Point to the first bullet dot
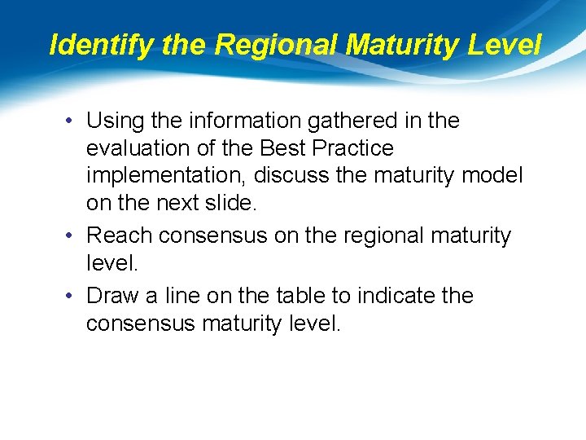click(72, 121)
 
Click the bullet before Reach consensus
click(72, 236)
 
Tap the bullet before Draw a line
click(72, 296)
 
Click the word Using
click(116, 121)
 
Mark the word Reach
click(120, 236)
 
